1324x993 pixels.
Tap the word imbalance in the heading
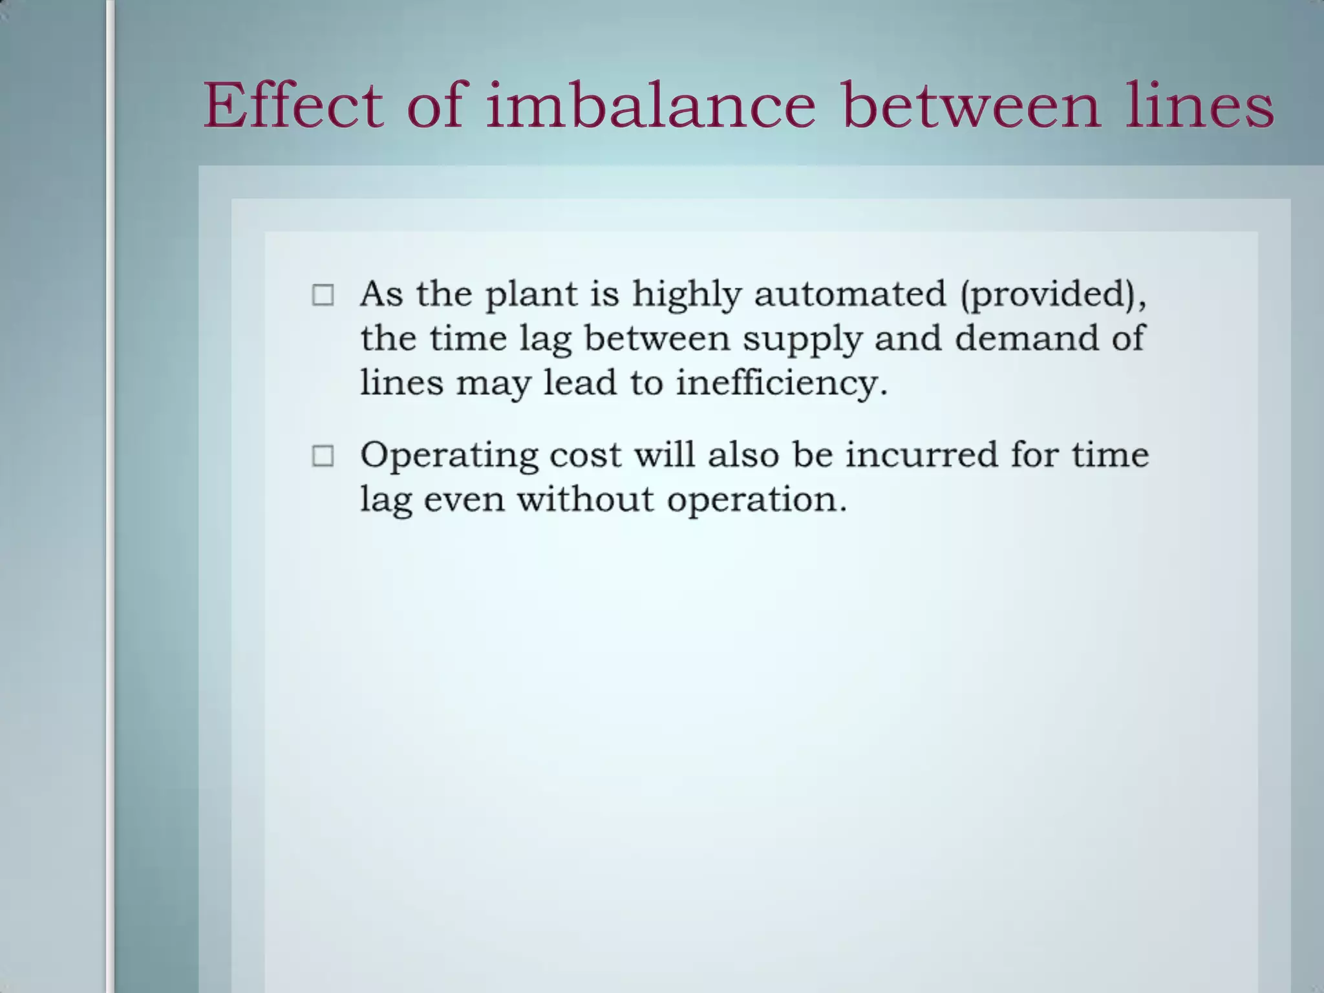click(x=650, y=105)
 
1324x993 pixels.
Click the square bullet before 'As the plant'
click(x=323, y=295)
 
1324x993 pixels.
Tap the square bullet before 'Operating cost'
click(x=323, y=456)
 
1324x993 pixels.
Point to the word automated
click(x=849, y=294)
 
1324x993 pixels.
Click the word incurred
click(x=921, y=454)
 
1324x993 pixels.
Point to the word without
click(x=585, y=499)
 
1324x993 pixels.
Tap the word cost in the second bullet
click(x=584, y=455)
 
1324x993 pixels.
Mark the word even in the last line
click(x=463, y=500)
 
